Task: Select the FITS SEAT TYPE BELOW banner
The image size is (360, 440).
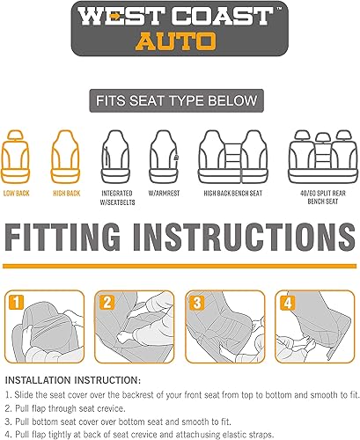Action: click(x=180, y=100)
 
